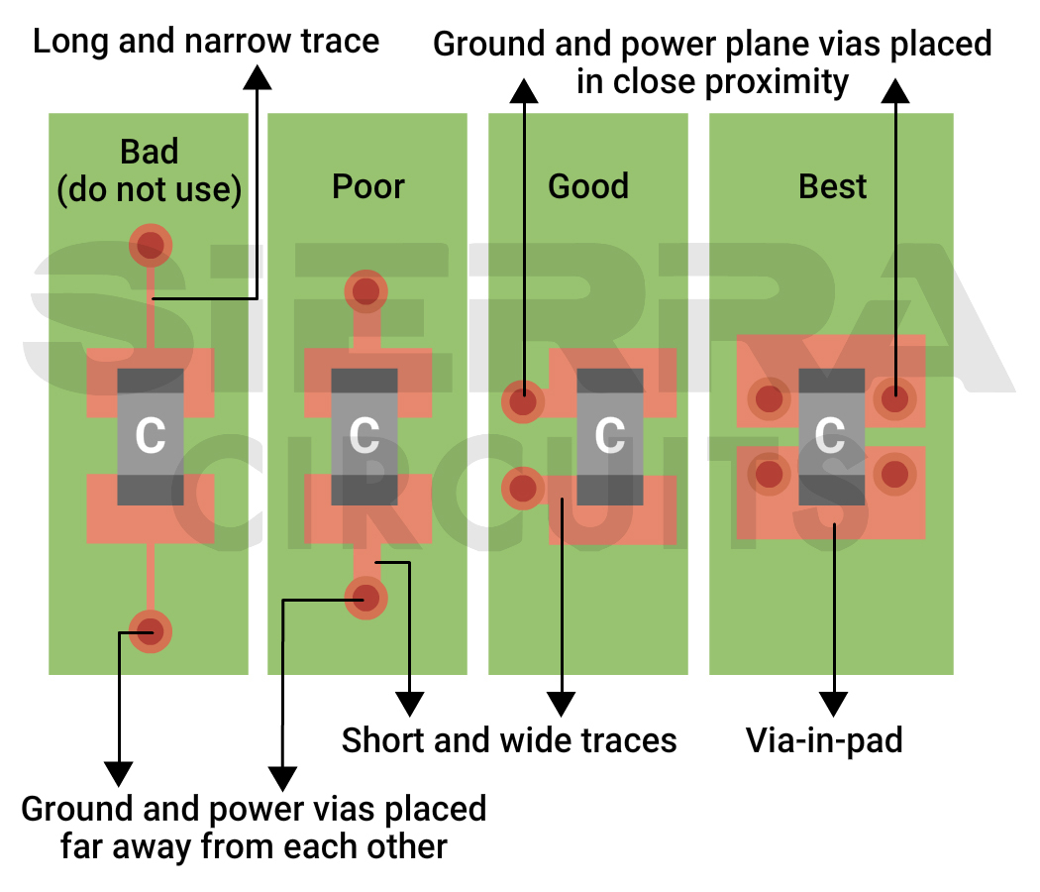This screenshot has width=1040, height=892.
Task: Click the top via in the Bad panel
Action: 151,244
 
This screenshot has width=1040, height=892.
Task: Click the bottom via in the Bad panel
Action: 151,630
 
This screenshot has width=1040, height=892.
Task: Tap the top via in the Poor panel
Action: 365,290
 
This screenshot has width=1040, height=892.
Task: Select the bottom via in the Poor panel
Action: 365,598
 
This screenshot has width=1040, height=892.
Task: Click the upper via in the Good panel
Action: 523,401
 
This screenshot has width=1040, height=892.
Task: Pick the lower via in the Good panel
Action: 523,489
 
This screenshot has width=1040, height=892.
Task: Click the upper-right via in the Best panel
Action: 894,400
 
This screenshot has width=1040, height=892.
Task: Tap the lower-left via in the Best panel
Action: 770,474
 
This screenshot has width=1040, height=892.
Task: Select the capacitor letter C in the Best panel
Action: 829,435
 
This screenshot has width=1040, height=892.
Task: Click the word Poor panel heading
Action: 367,186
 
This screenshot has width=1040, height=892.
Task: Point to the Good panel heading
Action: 588,186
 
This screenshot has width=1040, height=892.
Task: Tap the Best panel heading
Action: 832,186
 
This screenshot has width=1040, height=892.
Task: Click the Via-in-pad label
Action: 824,740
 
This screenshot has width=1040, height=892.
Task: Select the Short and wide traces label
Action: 509,740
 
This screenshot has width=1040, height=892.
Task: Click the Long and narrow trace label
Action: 206,42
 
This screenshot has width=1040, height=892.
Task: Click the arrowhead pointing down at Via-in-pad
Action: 835,704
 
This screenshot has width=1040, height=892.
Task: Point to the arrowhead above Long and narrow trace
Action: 257,77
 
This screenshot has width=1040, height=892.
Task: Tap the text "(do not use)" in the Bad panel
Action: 150,189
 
